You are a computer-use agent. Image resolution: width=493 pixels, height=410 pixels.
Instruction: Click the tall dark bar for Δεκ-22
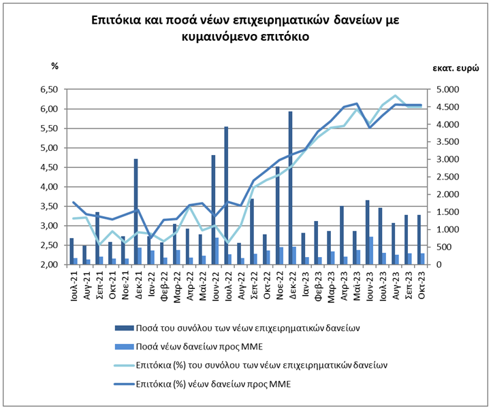point(290,188)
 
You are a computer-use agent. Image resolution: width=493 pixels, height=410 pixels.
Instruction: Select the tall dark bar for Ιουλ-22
point(226,196)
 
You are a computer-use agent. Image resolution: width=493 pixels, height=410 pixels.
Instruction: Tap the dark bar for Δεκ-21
point(136,212)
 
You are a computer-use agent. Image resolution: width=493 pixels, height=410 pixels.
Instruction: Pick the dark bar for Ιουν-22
point(213,210)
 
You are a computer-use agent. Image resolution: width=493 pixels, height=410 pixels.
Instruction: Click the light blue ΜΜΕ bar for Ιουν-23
point(371,251)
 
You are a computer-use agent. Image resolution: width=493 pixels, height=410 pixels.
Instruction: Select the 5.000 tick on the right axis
point(445,90)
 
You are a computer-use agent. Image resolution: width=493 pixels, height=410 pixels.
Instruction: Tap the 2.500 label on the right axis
point(445,177)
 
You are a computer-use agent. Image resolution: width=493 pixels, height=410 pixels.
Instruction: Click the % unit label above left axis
point(55,66)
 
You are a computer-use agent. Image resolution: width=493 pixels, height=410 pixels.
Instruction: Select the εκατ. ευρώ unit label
point(456,68)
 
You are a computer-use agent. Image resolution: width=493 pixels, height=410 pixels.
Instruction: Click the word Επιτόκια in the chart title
point(115,20)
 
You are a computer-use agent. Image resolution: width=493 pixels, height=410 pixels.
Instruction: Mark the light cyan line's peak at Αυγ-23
point(396,95)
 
